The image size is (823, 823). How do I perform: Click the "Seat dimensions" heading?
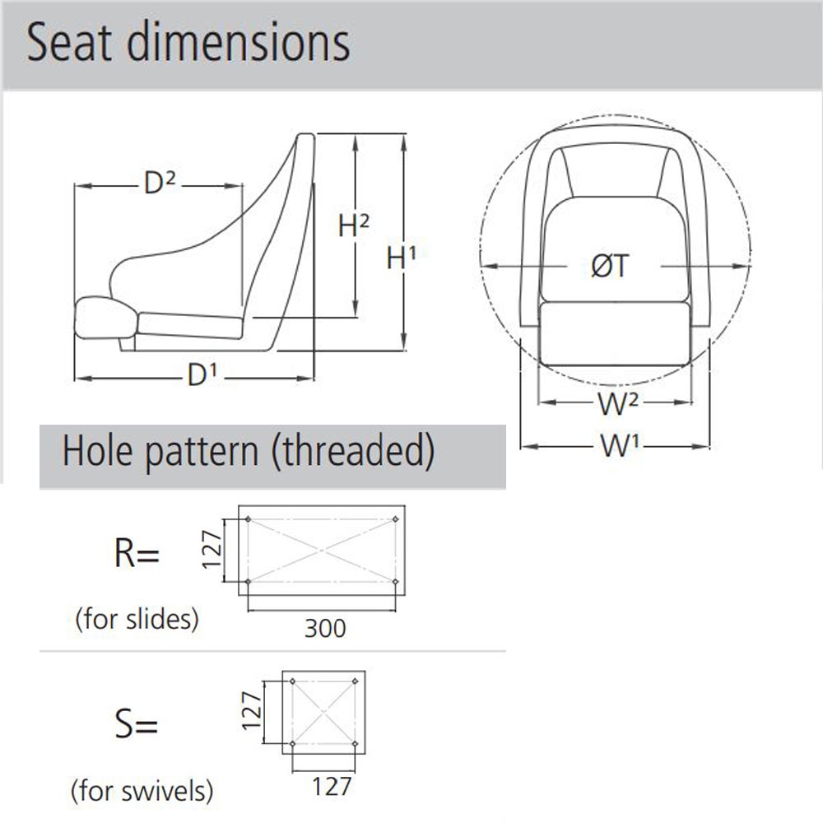click(188, 43)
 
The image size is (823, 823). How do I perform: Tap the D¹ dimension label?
click(202, 376)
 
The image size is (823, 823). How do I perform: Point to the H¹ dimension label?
click(402, 258)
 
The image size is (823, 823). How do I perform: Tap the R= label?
click(136, 556)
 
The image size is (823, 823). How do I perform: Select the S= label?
click(136, 726)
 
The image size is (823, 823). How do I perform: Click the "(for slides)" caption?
click(137, 619)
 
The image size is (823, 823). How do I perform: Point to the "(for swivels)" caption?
click(142, 792)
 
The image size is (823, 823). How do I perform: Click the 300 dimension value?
click(325, 629)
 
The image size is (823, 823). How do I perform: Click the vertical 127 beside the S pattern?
click(251, 713)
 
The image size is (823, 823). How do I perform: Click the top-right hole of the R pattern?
click(396, 519)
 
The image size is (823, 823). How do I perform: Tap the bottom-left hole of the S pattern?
click(293, 744)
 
